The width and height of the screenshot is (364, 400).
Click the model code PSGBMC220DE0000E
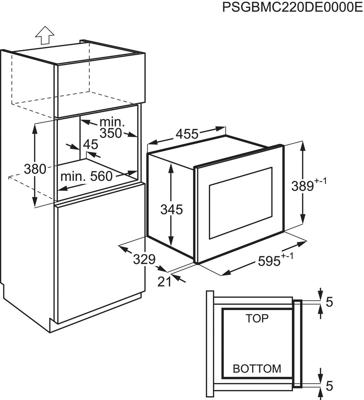292,8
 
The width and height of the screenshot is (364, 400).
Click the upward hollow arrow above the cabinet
44,35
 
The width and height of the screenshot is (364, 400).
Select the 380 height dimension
35,169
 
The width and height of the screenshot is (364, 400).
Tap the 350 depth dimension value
111,133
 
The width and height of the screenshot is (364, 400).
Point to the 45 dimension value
91,145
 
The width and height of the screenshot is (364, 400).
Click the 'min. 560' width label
86,176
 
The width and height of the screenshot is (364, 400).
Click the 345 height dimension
171,210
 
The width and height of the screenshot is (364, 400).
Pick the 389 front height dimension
302,186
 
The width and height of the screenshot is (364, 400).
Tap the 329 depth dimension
144,259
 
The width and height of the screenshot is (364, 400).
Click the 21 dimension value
164,282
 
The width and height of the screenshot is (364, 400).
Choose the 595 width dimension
269,261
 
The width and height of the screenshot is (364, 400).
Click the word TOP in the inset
257,319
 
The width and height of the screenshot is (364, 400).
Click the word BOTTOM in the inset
257,369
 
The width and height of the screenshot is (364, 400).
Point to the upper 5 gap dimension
329,302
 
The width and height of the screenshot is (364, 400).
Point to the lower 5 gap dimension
329,386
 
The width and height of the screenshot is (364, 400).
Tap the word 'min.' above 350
112,122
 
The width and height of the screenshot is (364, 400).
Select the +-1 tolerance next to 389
321,181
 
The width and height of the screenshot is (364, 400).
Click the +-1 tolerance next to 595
288,256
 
